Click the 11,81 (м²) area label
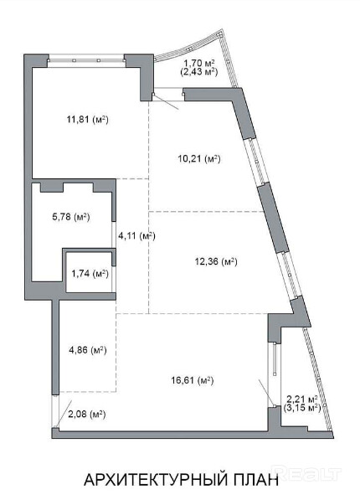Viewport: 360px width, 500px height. pyautogui.click(x=88, y=120)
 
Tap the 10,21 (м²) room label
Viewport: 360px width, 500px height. pyautogui.click(x=199, y=158)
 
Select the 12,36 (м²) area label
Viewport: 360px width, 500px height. pyautogui.click(x=216, y=262)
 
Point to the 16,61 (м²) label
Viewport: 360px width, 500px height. pyautogui.click(x=193, y=380)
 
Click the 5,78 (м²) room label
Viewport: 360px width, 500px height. pyautogui.click(x=71, y=217)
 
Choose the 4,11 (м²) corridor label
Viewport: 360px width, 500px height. pyautogui.click(x=136, y=236)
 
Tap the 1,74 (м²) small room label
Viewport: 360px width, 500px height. pyautogui.click(x=90, y=274)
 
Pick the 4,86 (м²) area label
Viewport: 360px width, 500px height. pyautogui.click(x=88, y=350)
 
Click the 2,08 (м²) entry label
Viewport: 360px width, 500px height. pyautogui.click(x=87, y=415)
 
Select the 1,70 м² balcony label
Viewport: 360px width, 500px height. pyautogui.click(x=199, y=63)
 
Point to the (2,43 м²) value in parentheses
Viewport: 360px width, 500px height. pyautogui.click(x=199, y=71)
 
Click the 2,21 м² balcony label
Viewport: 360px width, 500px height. pyautogui.click(x=302, y=399)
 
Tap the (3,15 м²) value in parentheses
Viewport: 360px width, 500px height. pyautogui.click(x=302, y=408)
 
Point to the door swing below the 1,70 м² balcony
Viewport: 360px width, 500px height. pyautogui.click(x=165, y=101)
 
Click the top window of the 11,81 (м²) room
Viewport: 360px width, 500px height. pyautogui.click(x=86, y=59)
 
